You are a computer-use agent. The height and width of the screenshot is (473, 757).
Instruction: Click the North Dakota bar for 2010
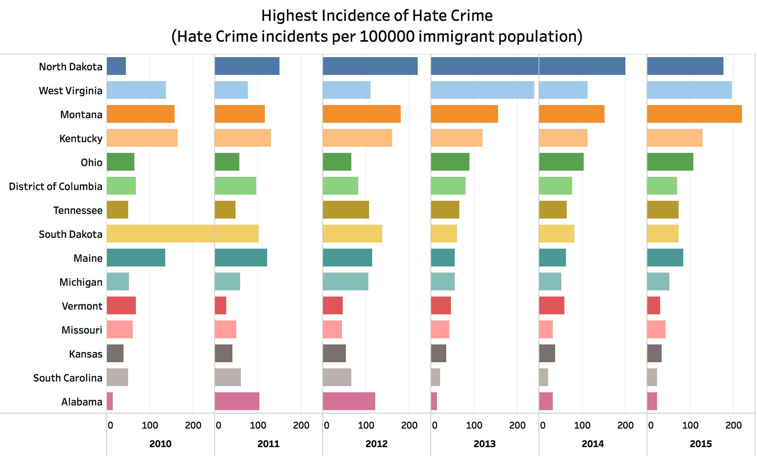116,66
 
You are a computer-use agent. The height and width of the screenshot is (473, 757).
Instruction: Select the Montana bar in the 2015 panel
694,114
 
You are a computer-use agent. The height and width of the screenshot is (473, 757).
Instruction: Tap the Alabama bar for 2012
349,401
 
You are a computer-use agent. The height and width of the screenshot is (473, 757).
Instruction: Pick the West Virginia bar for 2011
231,90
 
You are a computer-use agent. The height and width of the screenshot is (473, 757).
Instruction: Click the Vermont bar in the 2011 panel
220,305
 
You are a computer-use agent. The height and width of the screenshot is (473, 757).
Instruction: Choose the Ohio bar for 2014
561,162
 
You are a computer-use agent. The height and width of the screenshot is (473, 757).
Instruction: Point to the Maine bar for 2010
136,258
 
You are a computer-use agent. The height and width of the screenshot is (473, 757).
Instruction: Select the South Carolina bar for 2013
435,377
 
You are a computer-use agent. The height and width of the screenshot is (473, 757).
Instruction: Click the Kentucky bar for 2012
357,138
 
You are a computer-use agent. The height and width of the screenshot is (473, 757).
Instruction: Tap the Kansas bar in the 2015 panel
654,353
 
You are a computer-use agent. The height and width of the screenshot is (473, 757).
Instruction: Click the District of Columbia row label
56,186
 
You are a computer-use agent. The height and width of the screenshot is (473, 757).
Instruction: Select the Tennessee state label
78,210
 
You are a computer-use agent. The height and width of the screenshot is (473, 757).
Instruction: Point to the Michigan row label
81,282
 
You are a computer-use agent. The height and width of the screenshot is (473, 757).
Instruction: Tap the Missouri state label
82,330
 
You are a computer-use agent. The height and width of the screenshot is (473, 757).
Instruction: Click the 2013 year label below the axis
484,444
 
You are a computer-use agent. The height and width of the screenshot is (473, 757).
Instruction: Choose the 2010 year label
160,444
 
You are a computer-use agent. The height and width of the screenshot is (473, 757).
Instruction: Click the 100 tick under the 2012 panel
366,426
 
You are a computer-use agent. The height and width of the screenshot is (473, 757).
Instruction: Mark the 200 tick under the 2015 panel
733,426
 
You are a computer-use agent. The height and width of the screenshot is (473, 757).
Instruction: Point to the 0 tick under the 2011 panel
218,426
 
